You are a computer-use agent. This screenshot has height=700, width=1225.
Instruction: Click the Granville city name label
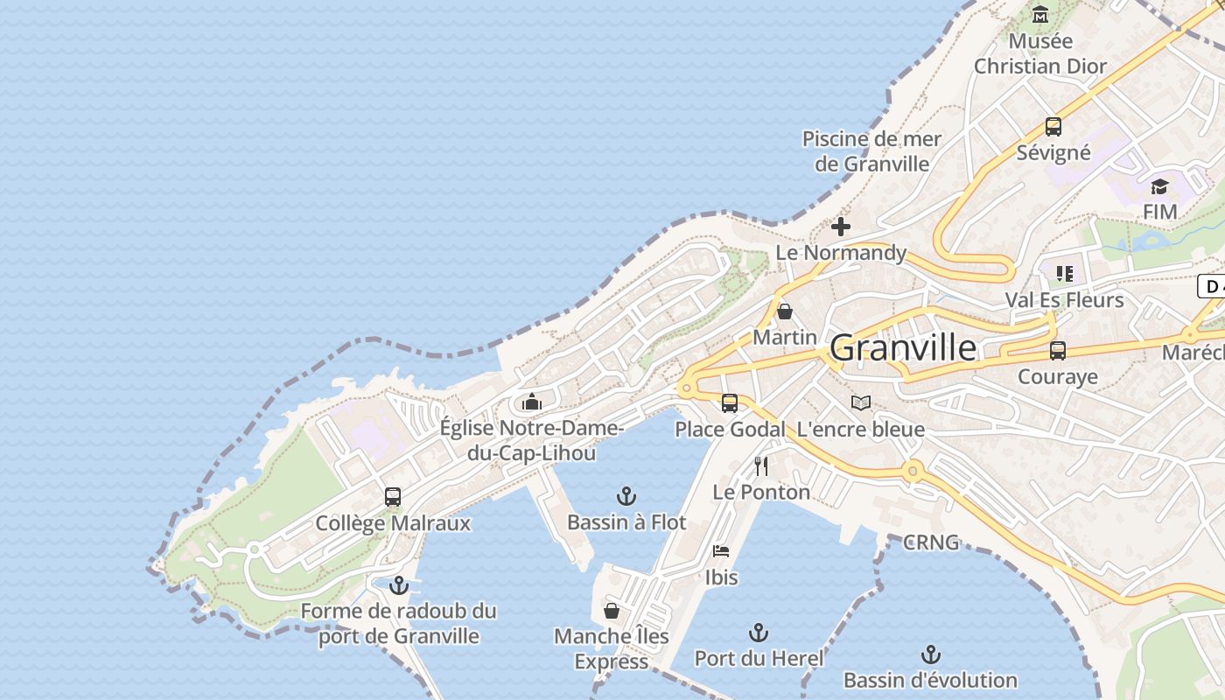pos(903,348)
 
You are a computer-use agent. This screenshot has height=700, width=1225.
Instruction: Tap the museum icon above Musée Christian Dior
pos(1040,15)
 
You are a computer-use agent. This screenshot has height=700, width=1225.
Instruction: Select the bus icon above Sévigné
pos(1053,126)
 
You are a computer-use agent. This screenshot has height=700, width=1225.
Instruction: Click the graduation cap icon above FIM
pos(1159,185)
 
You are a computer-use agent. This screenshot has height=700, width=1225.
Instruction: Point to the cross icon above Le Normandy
pos(841,227)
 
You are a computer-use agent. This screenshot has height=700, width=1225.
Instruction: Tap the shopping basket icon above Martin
pos(785,311)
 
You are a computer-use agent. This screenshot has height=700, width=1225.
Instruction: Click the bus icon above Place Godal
pos(730,403)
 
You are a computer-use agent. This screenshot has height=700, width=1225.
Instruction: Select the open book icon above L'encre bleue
pos(861,402)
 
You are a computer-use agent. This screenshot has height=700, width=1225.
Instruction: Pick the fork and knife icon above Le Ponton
pos(761,465)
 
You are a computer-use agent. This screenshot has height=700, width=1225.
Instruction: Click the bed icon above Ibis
pos(721,551)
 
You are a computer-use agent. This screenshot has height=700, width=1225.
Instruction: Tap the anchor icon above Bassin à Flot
pos(626,496)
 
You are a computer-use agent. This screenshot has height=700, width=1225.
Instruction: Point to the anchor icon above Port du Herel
pos(759,633)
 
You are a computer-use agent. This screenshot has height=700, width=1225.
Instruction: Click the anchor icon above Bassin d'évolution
pos(931,654)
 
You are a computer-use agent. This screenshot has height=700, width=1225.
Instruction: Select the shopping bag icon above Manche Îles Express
pos(612,610)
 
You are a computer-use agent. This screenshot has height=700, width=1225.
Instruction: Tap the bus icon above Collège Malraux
pos(393,497)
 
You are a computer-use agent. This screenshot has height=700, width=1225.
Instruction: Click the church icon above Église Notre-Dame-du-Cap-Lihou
pos(532,402)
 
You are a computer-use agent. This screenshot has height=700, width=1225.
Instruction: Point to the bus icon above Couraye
pos(1058,351)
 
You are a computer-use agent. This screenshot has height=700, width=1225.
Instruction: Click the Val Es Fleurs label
pos(1064,300)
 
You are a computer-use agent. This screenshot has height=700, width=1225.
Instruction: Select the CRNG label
pos(931,542)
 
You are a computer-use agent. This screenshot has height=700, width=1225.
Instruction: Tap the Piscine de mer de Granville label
pos(871,151)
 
